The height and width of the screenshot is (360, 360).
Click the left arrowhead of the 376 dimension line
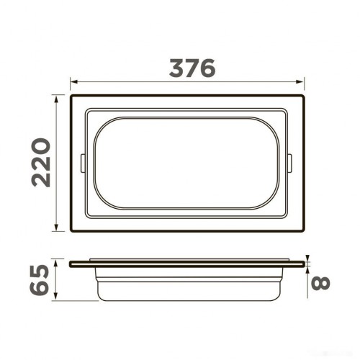pyautogui.click(x=73, y=82)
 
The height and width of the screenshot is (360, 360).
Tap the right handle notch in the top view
pyautogui.click(x=291, y=163)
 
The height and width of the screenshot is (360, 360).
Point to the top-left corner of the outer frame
pyautogui.click(x=71, y=94)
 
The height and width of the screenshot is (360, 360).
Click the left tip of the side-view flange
pyautogui.click(x=71, y=264)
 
